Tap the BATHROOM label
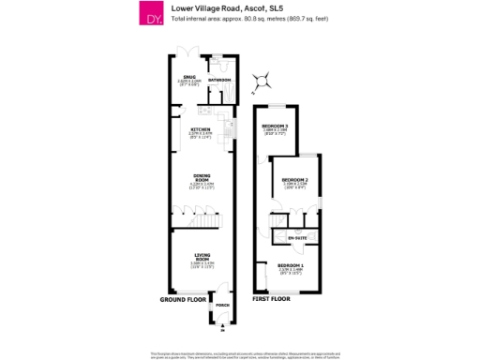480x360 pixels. (x=218, y=81)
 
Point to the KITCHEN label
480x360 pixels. (x=201, y=128)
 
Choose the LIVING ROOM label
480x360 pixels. (x=202, y=254)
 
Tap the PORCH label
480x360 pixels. (x=222, y=306)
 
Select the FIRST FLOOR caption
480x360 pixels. (x=271, y=297)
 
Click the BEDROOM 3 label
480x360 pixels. (x=274, y=126)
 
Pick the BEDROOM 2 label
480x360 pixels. (x=295, y=179)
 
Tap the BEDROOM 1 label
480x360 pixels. (x=290, y=267)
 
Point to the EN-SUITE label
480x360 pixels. (x=297, y=239)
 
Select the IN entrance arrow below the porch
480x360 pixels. (x=222, y=325)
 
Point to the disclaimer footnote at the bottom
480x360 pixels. (x=240, y=354)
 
